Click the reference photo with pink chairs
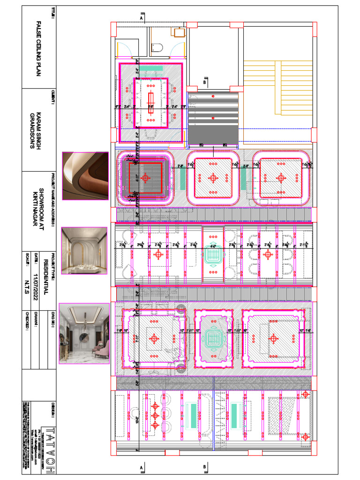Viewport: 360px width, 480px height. (84, 333)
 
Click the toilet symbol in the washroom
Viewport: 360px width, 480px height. (157, 47)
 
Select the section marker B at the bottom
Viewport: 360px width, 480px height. (205, 467)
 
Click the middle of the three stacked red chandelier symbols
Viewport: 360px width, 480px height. (155, 415)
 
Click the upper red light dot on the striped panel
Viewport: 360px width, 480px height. (213, 97)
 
